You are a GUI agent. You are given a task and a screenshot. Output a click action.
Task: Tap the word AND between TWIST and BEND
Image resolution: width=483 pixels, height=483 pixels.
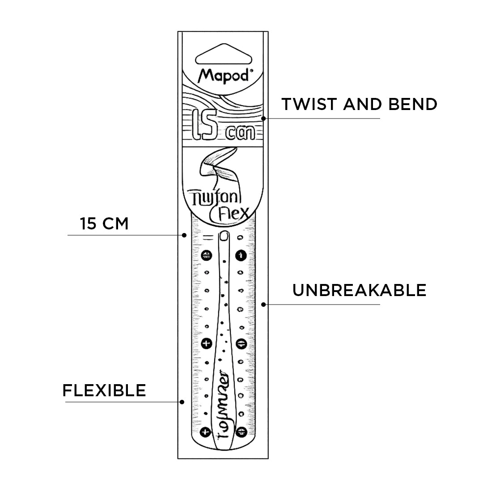tap(363, 104)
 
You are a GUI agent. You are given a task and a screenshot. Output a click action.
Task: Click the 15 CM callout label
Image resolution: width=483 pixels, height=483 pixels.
tap(104, 224)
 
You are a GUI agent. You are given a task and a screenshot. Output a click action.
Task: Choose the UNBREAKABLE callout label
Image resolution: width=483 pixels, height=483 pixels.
tap(359, 290)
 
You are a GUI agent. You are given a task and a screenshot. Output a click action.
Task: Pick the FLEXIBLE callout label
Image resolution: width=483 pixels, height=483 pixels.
tap(104, 390)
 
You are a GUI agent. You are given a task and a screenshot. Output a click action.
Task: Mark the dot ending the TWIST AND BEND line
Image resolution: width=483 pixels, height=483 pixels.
tap(264, 119)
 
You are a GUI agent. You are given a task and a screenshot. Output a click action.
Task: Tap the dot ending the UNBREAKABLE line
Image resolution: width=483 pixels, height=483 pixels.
tap(264, 305)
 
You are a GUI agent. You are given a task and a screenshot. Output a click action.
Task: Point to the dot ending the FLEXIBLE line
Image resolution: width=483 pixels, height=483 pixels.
tap(182, 402)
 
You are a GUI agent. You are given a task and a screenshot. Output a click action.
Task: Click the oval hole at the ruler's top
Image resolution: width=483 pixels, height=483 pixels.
tap(224, 235)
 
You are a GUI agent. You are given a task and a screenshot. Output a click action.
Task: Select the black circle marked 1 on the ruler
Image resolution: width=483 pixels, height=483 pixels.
tap(241, 255)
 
